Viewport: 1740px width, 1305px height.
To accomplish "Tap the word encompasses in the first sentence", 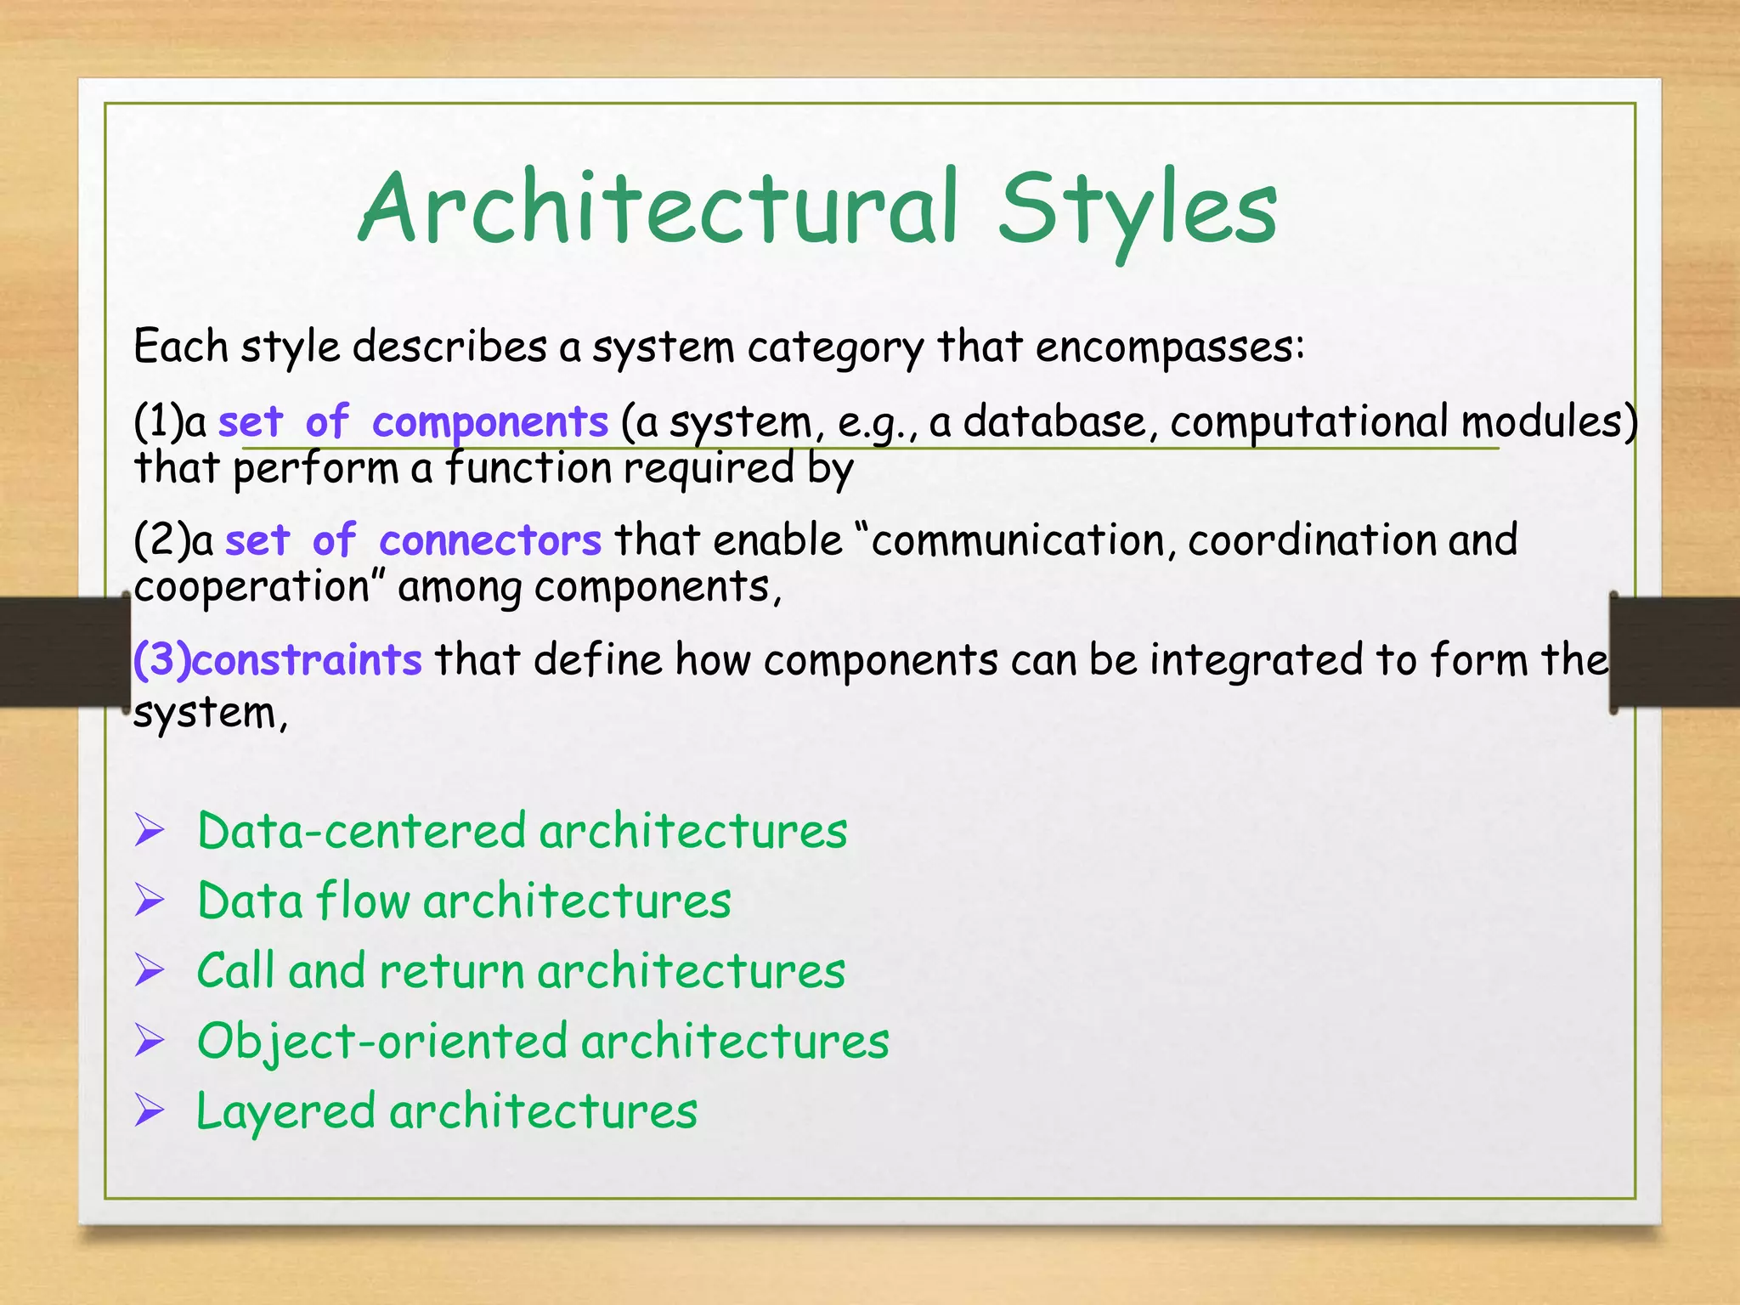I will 1169,347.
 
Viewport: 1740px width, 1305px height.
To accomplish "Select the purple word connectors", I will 490,540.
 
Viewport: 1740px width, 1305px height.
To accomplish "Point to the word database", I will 1054,421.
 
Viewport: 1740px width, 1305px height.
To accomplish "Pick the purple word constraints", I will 307,659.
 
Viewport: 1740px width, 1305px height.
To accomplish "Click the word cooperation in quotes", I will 251,587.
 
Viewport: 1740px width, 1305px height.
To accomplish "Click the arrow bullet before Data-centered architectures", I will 150,830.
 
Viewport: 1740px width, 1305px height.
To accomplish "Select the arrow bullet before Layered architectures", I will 150,1110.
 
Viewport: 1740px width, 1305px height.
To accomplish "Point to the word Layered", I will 285,1111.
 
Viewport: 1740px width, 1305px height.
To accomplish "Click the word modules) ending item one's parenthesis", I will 1549,421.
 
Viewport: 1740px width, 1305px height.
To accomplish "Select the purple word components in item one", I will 490,421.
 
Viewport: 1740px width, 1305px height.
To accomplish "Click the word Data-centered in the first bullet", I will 361,830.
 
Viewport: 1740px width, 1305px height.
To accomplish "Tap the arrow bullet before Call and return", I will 150,970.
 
